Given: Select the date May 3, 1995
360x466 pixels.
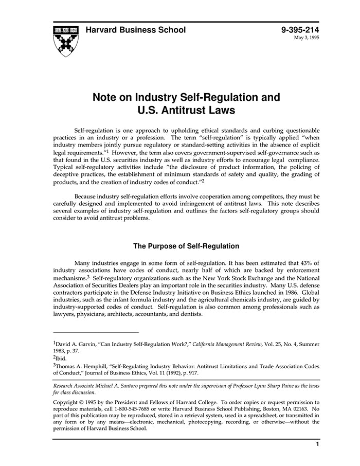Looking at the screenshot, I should click(x=307, y=38).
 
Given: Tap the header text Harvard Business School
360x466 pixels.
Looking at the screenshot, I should click(x=136, y=30).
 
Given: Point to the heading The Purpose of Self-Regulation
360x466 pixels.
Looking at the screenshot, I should click(x=186, y=246).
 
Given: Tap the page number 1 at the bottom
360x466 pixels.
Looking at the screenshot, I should click(x=317, y=443).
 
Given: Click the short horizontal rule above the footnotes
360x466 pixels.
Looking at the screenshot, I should click(x=96, y=332).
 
